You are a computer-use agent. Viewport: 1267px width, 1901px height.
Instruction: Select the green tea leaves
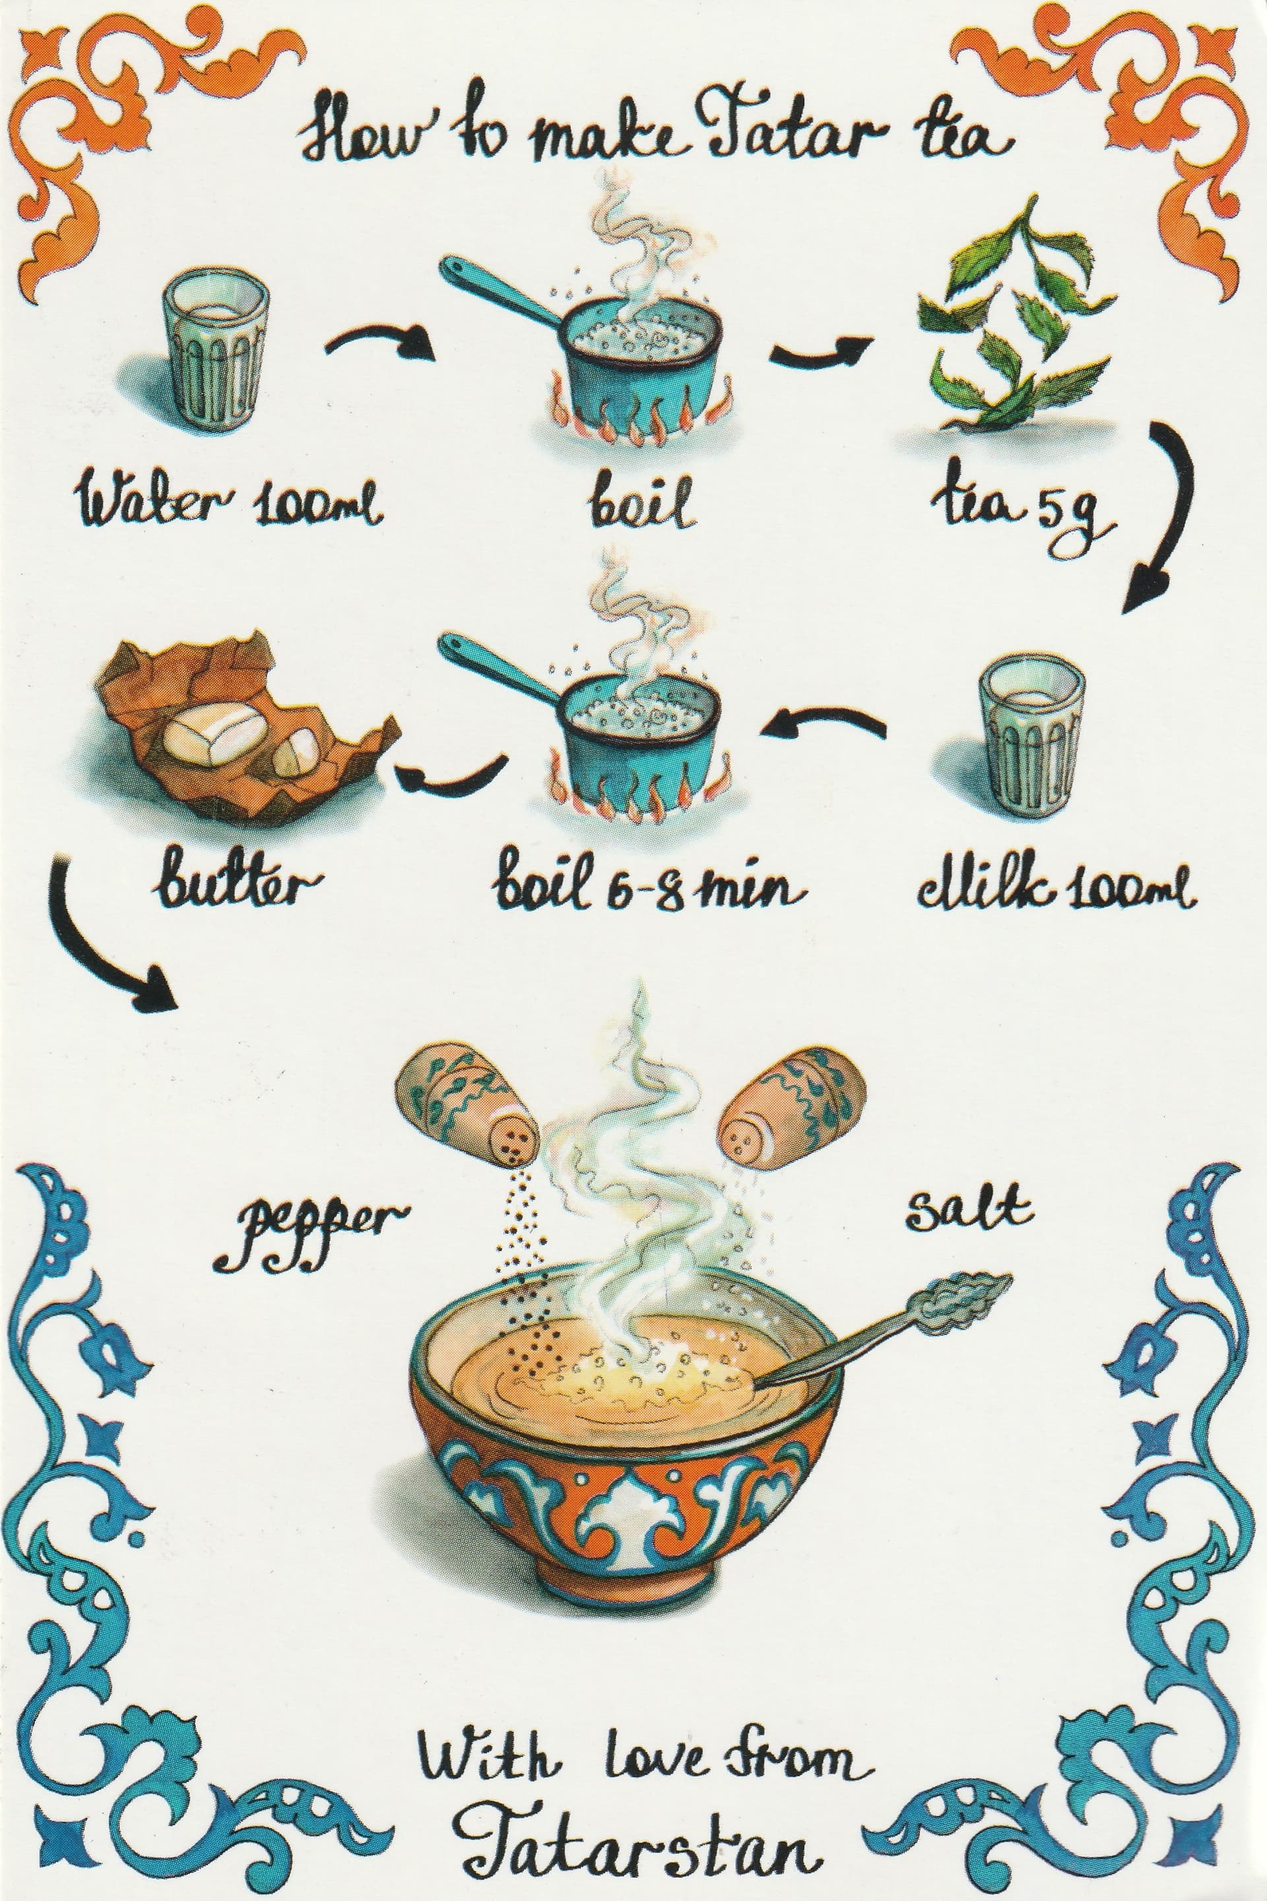coord(1014,316)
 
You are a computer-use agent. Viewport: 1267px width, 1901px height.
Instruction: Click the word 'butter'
coord(234,884)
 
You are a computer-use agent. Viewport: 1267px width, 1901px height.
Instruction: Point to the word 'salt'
coord(967,1209)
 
